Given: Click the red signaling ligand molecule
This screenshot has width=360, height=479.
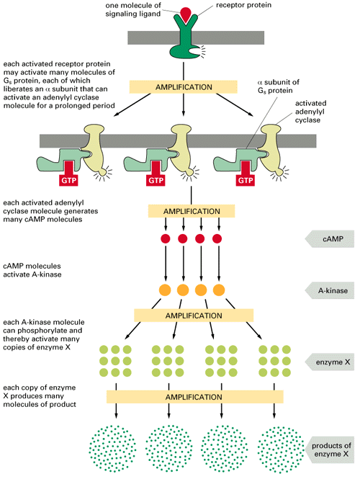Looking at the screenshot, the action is [186, 14].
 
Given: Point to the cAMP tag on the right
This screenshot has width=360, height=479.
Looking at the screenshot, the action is [330, 238].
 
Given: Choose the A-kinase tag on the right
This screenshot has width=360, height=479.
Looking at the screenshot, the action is [330, 290].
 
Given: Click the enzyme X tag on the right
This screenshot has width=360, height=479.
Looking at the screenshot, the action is [330, 362].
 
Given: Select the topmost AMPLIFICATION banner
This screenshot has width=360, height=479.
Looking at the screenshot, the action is [184, 87].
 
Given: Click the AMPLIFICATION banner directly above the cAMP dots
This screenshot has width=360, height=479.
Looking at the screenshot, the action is [192, 211].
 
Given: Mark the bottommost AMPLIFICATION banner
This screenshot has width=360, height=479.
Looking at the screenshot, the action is [195, 397].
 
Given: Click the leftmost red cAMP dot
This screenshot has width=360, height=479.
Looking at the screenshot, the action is [166, 238].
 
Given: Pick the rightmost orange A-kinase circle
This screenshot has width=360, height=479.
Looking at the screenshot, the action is [219, 290].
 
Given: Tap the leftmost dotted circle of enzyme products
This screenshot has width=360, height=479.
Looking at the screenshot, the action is [112, 449].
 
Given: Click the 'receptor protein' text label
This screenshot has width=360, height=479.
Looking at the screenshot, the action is [243, 5].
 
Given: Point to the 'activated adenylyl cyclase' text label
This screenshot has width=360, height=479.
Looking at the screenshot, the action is [310, 112].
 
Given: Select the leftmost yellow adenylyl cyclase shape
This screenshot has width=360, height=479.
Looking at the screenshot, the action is [95, 150].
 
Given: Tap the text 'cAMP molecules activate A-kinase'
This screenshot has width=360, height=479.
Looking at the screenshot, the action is [32, 270].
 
